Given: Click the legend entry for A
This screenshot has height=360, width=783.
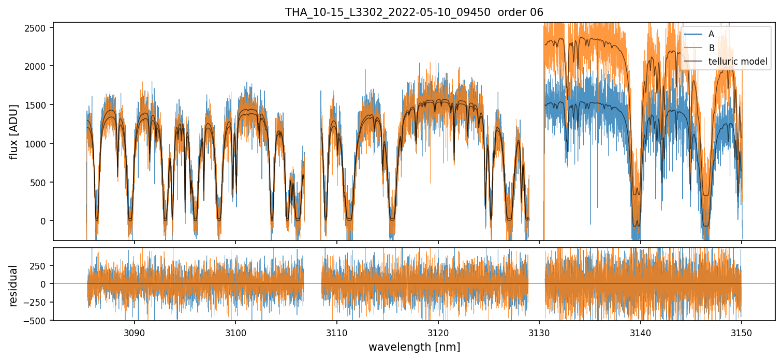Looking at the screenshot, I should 711,34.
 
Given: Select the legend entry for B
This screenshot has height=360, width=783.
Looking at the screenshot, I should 711,48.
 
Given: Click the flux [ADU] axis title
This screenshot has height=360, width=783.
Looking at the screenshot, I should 14,131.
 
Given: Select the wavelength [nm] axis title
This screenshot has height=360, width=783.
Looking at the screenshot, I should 414,347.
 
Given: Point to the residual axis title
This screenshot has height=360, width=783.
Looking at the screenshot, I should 14,286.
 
